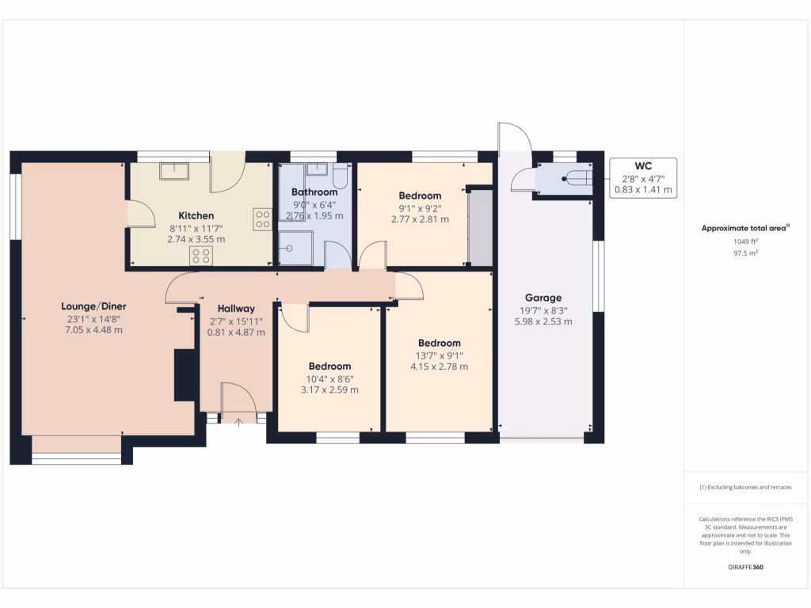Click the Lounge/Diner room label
pos(93,306)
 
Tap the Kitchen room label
pos(196,215)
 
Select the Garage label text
pos(543,298)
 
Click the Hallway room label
pos(236,309)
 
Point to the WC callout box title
pos(643,166)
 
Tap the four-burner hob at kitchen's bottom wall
pos(201,255)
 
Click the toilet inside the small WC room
pos(576,179)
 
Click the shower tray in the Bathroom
pos(295,248)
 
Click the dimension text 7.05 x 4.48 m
pos(93,330)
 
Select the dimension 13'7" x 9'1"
pos(439,355)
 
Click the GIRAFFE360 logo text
pos(745,568)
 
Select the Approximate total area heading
pos(744,228)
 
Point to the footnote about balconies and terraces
pos(744,488)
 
